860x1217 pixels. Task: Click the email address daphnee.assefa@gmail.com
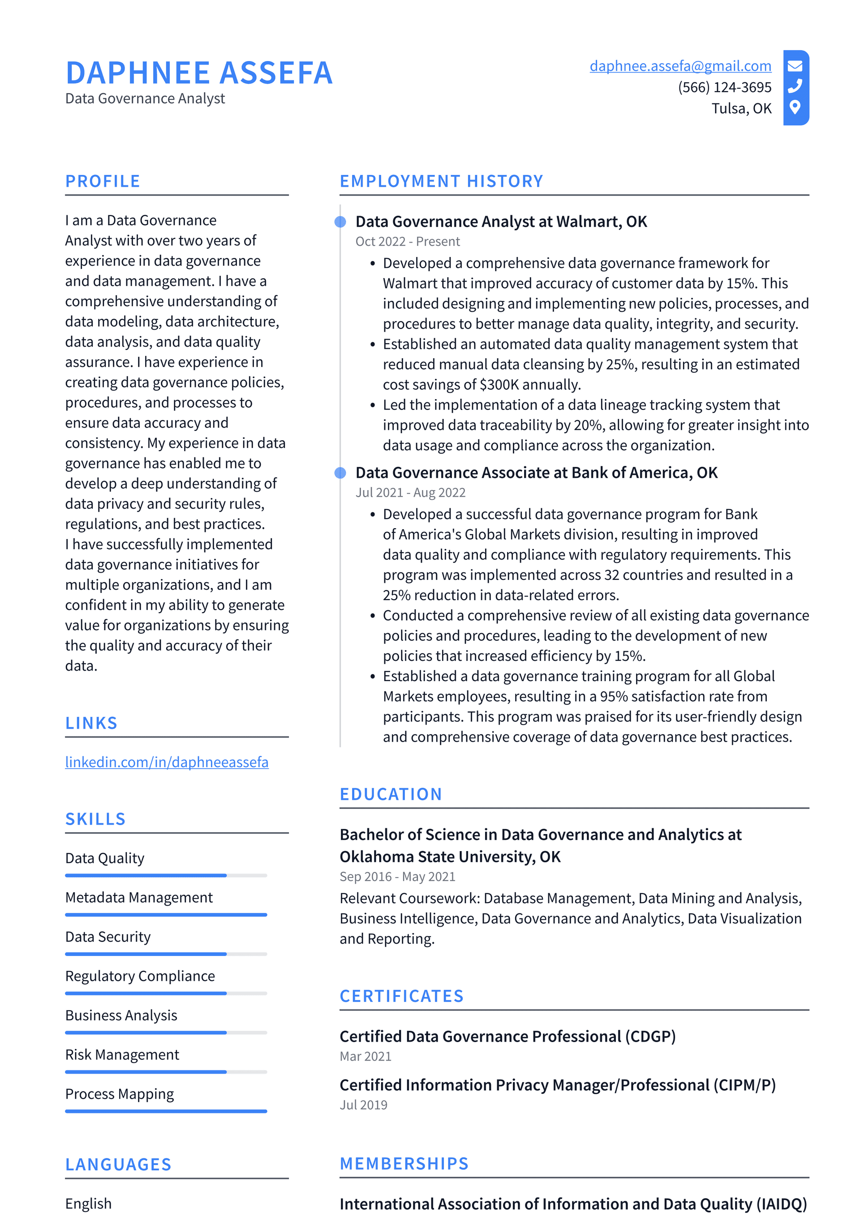[680, 66]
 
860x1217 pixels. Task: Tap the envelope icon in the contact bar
[795, 66]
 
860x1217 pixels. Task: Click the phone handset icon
[795, 86]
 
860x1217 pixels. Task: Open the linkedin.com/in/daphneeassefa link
[166, 762]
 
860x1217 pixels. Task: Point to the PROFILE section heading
[103, 181]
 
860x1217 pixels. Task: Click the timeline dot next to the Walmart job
[340, 222]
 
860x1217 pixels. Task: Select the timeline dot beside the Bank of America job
[340, 473]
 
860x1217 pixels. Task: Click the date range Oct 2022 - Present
[407, 242]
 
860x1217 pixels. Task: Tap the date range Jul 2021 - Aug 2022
[410, 492]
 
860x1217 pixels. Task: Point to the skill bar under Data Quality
[166, 876]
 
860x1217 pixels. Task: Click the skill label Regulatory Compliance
[140, 976]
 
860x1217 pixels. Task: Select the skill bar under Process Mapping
[166, 1111]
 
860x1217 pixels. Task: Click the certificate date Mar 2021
[365, 1056]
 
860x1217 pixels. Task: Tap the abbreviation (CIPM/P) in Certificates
[744, 1085]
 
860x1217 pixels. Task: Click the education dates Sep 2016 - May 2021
[397, 877]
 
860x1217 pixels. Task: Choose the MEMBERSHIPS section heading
[404, 1164]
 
